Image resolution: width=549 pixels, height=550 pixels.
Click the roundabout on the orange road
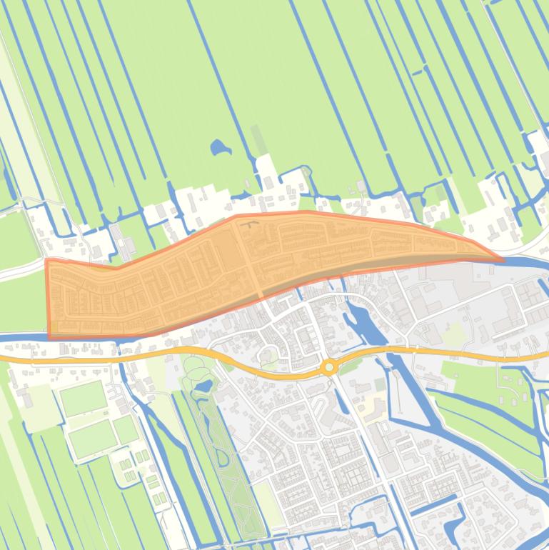328,367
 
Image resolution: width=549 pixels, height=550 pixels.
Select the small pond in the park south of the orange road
202,386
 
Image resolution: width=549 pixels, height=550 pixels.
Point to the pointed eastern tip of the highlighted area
502,259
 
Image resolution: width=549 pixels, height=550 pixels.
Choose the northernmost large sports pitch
83,398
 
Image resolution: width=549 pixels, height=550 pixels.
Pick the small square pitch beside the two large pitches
126,429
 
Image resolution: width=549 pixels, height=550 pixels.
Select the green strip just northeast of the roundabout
349,366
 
